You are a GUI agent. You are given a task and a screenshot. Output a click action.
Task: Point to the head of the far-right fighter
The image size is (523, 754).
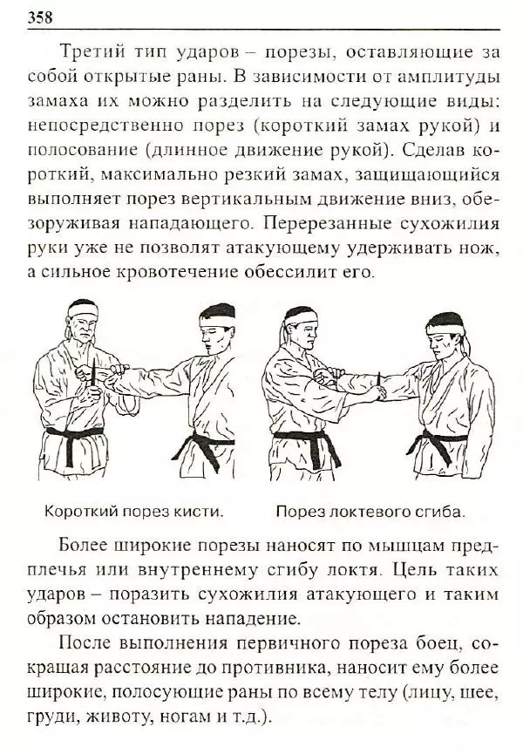(445, 336)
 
